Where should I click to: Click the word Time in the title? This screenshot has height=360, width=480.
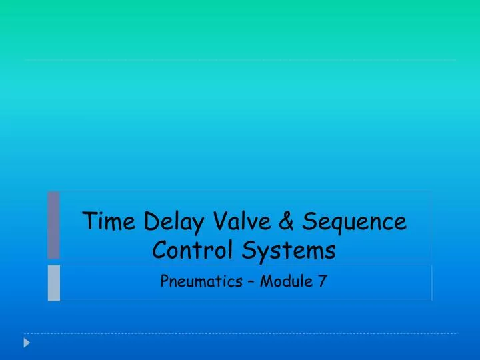105,221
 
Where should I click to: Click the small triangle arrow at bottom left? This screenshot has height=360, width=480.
27,343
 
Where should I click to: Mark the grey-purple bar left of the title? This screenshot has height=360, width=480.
53,225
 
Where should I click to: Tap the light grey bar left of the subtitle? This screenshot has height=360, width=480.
53,283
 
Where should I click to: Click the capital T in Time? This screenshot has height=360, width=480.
87,221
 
